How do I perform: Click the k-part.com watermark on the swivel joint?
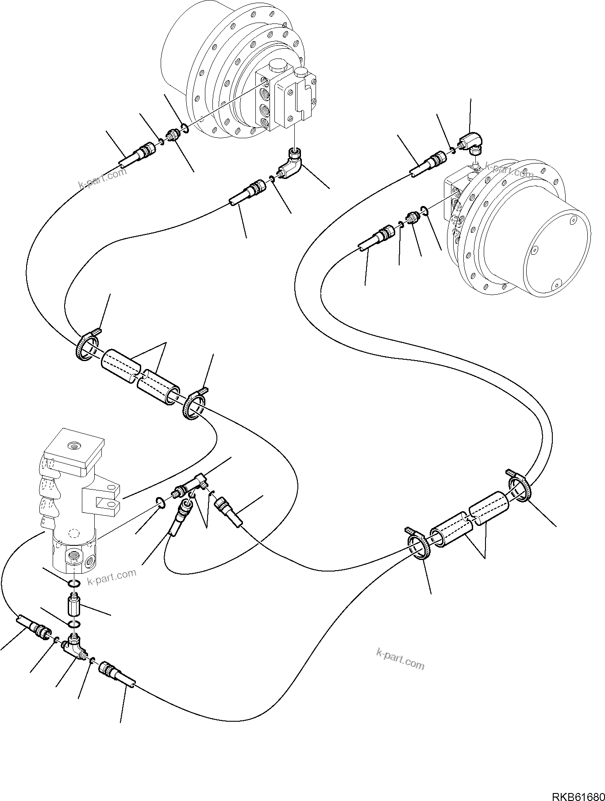coord(112,576)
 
